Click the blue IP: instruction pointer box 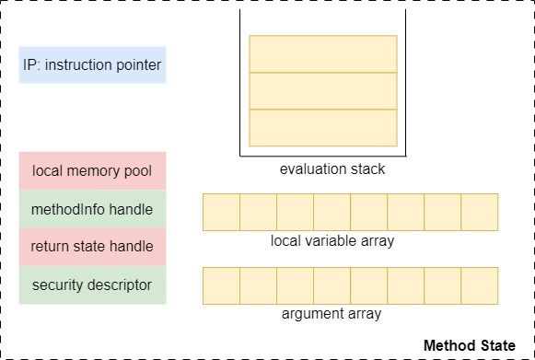[x=92, y=65]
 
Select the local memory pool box [x=92, y=170]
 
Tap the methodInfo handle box [x=92, y=208]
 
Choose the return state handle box [x=92, y=246]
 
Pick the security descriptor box [x=92, y=285]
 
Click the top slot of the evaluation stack [x=323, y=53]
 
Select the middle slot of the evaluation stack [x=323, y=90]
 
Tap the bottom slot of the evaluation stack [x=323, y=127]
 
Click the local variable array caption [x=332, y=241]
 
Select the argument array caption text [x=332, y=314]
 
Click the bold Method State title [x=470, y=345]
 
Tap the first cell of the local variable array [x=221, y=212]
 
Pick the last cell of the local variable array [x=479, y=212]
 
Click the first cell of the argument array [x=221, y=285]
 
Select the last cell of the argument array [x=479, y=285]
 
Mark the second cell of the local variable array [x=258, y=212]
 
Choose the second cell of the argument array [x=258, y=285]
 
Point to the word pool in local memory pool [x=138, y=171]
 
